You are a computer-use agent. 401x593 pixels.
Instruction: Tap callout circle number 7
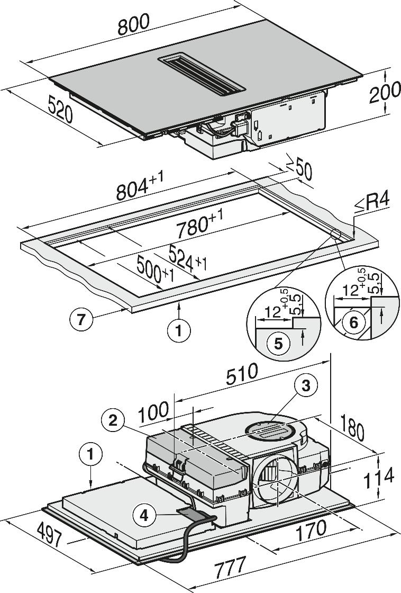[x=80, y=319]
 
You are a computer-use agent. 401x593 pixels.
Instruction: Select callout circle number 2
[x=112, y=419]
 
